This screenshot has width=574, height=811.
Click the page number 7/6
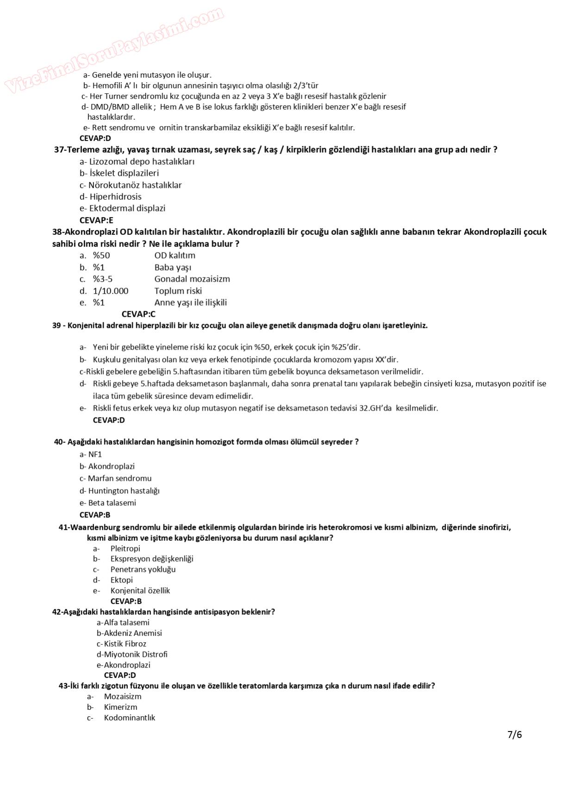point(514,734)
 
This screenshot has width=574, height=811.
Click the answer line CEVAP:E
point(96,220)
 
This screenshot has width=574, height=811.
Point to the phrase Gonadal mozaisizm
point(192,279)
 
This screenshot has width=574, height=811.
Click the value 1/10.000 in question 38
point(111,291)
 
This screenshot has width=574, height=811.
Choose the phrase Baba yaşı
point(173,267)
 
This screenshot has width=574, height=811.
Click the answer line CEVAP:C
point(138,314)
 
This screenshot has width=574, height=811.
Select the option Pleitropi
point(125,548)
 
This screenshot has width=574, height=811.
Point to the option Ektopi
point(121,580)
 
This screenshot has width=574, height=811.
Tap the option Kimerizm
point(120,707)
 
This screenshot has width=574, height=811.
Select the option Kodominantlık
point(129,718)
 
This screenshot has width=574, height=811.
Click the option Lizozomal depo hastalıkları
point(137,161)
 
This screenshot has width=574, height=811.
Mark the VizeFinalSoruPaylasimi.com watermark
point(114,50)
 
